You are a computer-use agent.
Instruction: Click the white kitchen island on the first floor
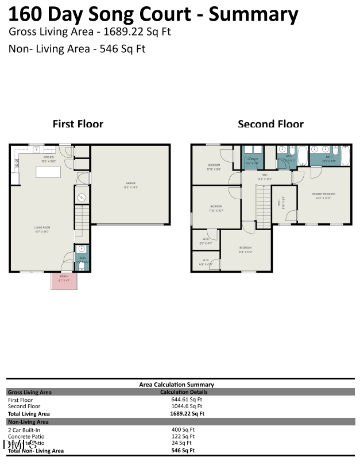(49, 172)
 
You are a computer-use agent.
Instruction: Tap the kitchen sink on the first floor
(36, 150)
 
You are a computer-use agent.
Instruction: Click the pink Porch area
(64, 280)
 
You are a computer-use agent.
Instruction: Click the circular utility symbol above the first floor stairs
(82, 197)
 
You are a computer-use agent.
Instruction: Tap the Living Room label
(42, 228)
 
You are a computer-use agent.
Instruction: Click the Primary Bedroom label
(323, 194)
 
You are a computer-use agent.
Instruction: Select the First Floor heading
(78, 124)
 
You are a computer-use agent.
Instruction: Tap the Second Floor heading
(270, 124)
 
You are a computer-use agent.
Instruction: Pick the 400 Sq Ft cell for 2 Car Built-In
(183, 429)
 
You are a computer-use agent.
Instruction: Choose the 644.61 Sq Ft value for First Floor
(183, 400)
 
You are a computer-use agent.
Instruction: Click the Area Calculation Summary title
(176, 385)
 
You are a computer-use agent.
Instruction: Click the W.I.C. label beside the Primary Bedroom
(279, 203)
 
